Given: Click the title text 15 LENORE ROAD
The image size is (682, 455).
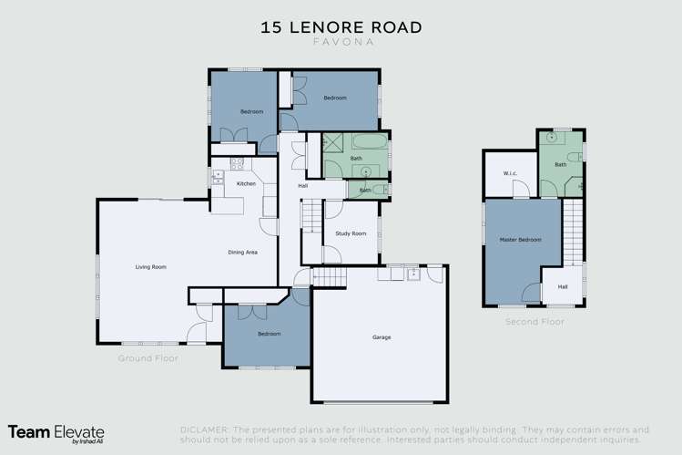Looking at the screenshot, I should click(341, 27).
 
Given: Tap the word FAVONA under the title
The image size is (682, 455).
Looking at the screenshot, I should click(341, 42).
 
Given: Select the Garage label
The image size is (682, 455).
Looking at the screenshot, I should click(381, 337).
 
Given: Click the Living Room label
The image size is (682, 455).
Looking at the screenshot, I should click(150, 266).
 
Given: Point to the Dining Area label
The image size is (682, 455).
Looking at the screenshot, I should click(242, 252).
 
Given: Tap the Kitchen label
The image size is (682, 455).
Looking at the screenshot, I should click(246, 184).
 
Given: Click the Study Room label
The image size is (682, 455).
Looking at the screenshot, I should click(351, 233).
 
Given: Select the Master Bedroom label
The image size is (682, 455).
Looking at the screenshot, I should click(520, 240).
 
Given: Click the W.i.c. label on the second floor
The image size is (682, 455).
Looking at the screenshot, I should click(510, 173).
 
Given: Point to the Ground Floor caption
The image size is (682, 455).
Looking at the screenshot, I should click(148, 358).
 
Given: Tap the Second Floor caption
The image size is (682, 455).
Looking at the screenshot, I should click(534, 321).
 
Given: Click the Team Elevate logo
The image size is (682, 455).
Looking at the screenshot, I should click(56, 433).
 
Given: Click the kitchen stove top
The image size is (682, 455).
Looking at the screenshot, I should click(236, 165).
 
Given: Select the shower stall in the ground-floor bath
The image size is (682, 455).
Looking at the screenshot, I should click(334, 144).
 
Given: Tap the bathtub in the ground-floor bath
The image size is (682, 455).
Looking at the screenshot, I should click(368, 143).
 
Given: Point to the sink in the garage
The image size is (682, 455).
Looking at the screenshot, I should click(413, 272).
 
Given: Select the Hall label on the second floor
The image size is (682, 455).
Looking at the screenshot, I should click(563, 289).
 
